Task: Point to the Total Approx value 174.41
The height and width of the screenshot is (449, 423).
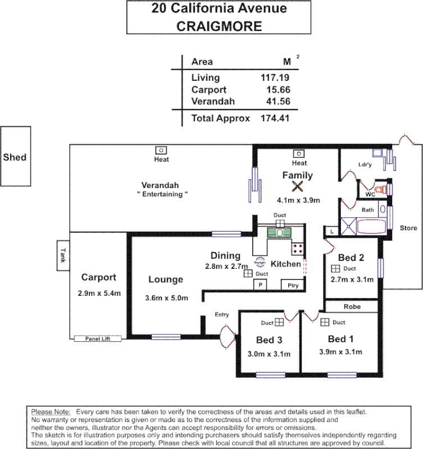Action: coord(275,118)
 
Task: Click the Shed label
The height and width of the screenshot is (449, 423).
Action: coord(15,157)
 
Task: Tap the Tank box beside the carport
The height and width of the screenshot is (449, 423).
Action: coord(63,255)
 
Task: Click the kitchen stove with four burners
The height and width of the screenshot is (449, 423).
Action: coord(297,248)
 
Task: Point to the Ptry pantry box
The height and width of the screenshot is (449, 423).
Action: coord(292,285)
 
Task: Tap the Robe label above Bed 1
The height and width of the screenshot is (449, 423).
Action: coord(352,306)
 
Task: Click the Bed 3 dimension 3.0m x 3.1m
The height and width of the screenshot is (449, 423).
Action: coord(269,354)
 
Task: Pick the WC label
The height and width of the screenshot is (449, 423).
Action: coord(370,194)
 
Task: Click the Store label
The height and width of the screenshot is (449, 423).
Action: coord(408,228)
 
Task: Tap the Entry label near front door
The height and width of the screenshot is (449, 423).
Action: coord(221,314)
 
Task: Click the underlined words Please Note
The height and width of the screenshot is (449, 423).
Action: coord(51,411)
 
